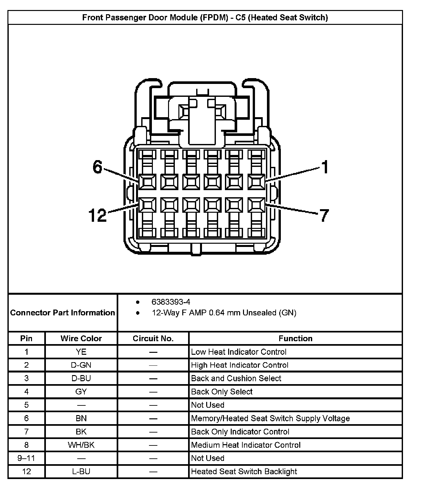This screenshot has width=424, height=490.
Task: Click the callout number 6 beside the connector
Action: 97,167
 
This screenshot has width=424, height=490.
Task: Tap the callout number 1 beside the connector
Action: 324,167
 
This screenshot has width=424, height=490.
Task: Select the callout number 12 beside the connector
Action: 97,215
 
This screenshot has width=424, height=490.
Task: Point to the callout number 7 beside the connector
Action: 324,215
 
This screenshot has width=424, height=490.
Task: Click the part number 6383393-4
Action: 171,302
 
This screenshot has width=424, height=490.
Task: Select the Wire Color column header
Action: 81,338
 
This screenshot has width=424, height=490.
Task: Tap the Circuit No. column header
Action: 153,338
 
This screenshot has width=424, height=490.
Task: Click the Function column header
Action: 295,338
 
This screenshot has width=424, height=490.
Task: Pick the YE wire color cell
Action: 81,352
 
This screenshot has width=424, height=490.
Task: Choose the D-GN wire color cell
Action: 81,365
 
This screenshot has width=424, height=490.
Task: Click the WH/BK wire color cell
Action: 81,445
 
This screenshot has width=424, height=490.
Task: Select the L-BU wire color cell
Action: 81,471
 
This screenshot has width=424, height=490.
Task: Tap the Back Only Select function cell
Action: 222,392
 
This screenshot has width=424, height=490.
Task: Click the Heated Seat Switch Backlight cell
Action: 244,471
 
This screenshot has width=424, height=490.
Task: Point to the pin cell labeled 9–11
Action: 26,458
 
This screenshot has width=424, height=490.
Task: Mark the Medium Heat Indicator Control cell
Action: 246,445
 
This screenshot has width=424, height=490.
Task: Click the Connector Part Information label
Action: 62,312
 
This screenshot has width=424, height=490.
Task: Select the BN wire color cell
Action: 81,418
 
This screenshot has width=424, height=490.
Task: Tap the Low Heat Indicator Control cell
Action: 238,352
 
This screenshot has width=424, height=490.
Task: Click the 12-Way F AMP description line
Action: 224,312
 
